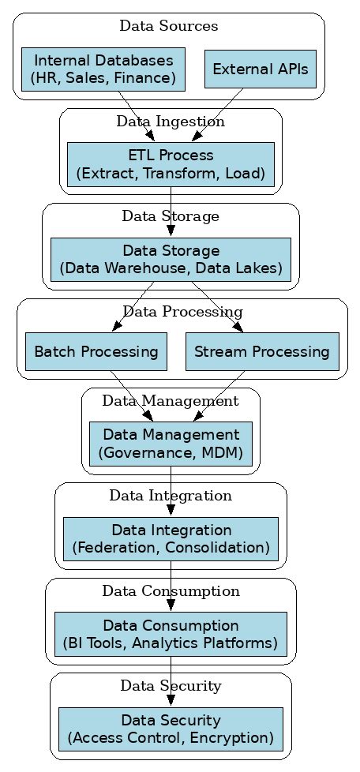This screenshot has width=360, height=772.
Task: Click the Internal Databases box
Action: pyautogui.click(x=103, y=69)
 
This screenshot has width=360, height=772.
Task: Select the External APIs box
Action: pyautogui.click(x=261, y=69)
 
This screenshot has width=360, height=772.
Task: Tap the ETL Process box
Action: pyautogui.click(x=171, y=164)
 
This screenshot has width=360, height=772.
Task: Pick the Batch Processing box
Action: pyautogui.click(x=96, y=351)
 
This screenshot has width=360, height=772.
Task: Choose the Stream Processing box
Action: pyautogui.click(x=262, y=351)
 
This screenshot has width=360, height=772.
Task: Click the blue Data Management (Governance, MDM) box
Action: pyautogui.click(x=171, y=444)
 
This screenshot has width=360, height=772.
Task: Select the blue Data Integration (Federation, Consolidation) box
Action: pyautogui.click(x=171, y=538)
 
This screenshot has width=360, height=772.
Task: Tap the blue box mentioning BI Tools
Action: pyautogui.click(x=171, y=634)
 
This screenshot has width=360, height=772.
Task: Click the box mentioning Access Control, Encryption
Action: pyautogui.click(x=171, y=729)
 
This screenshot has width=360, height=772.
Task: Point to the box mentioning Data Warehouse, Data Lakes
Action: pyautogui.click(x=171, y=260)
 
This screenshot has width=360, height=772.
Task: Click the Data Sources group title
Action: pyautogui.click(x=169, y=26)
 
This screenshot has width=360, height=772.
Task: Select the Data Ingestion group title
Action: pyautogui.click(x=171, y=122)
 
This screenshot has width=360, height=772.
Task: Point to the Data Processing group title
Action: pyautogui.click(x=182, y=312)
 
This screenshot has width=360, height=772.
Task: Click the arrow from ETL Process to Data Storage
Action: pyautogui.click(x=171, y=212)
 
